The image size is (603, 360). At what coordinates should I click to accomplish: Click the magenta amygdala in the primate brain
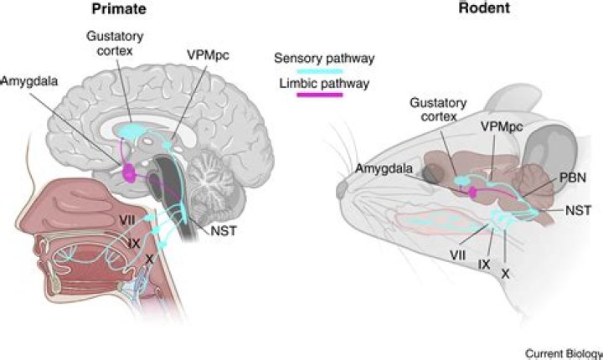(131, 172)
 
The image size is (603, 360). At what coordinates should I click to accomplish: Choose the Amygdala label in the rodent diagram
(382, 169)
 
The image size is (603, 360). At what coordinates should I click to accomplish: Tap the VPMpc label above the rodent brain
(495, 124)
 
